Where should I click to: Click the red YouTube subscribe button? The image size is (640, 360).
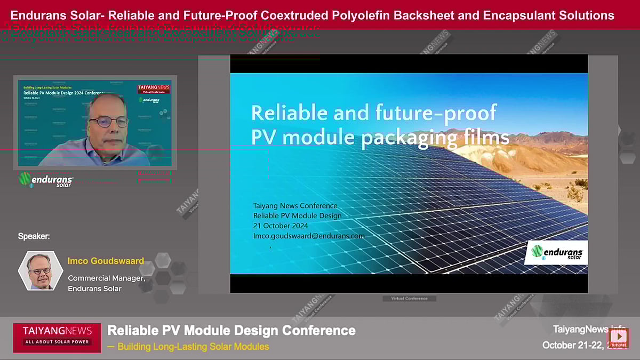click(x=619, y=338)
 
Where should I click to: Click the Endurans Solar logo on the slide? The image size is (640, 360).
click(x=556, y=252)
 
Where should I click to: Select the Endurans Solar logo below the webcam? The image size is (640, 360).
click(x=46, y=179)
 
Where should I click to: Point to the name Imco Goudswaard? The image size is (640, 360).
click(x=106, y=261)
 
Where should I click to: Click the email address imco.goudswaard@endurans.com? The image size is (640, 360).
click(x=309, y=235)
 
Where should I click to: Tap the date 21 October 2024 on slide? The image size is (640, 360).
click(x=281, y=226)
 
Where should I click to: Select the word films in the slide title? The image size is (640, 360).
click(x=483, y=138)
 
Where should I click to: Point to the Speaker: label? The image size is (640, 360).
click(x=34, y=236)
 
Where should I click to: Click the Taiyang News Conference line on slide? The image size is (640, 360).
click(x=295, y=206)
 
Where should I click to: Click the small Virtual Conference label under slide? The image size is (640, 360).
click(x=409, y=299)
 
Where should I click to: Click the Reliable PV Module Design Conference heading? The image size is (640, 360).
click(x=231, y=330)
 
